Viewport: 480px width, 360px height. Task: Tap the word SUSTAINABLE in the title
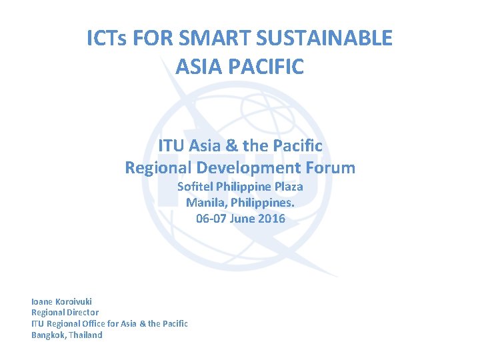click(324, 39)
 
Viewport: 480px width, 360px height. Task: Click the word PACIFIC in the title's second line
click(268, 67)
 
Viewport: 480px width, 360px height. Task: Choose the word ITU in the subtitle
click(173, 145)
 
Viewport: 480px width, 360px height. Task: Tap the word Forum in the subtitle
click(328, 167)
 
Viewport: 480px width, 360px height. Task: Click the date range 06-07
click(211, 219)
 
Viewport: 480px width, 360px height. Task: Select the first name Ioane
click(43, 301)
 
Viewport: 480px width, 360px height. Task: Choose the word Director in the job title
click(81, 312)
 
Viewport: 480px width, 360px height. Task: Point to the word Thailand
click(86, 335)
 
